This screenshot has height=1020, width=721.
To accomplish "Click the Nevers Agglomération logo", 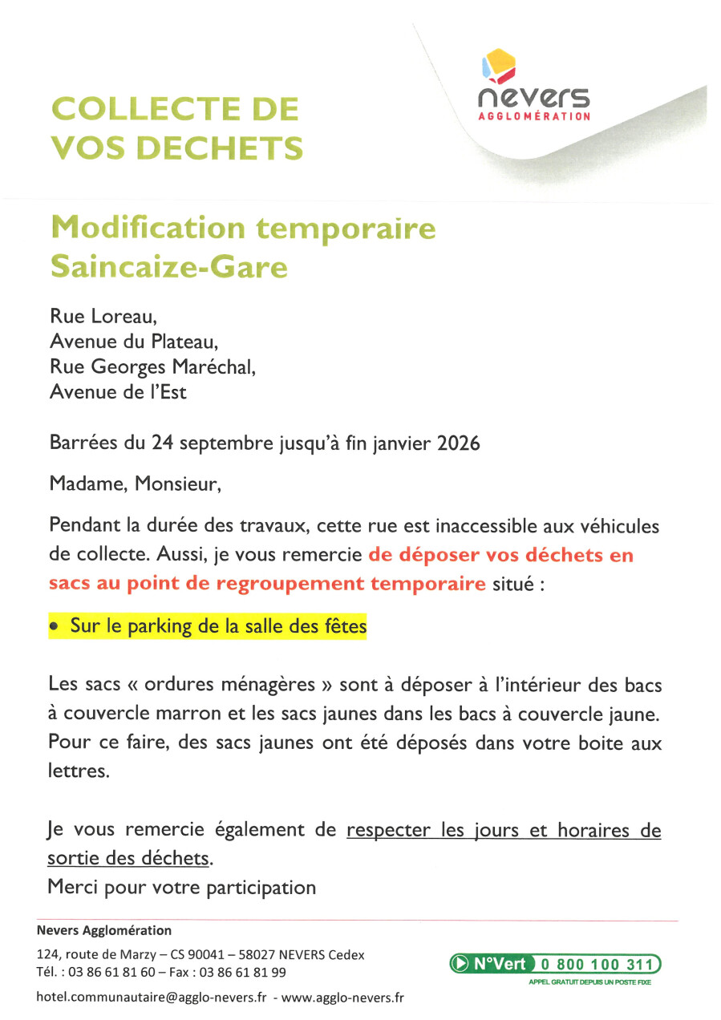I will (x=533, y=87).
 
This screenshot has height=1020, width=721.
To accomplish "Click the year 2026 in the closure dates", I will (x=458, y=443).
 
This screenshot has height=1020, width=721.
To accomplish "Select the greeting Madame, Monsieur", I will (x=134, y=484).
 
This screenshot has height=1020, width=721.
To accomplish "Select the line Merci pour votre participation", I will (x=182, y=887).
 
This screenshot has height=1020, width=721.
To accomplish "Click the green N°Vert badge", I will (x=490, y=964).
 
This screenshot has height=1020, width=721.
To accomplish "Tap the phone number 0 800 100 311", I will (x=597, y=964).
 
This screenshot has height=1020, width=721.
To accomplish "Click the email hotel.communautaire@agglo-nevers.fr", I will (x=152, y=998).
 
